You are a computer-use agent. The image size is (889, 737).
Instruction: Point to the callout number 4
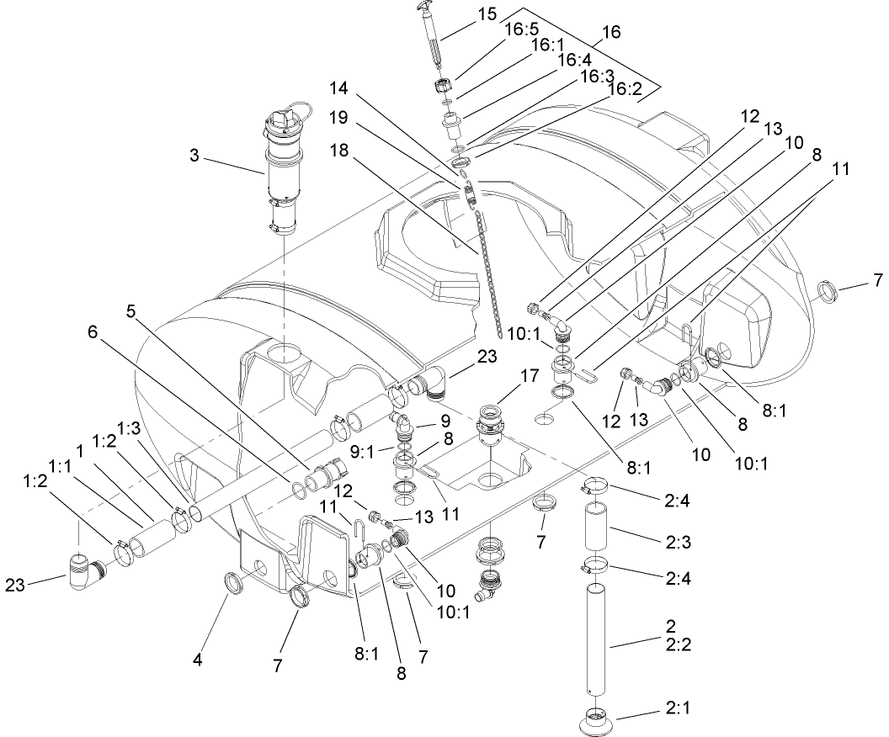(x=197, y=660)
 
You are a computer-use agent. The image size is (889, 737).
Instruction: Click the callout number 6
(x=92, y=332)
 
